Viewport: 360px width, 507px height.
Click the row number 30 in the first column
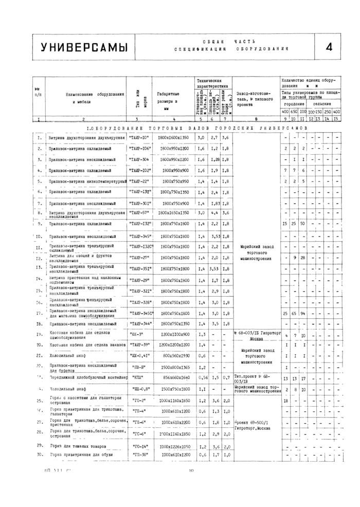tap(39, 456)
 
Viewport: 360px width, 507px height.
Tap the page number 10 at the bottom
tap(191, 484)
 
